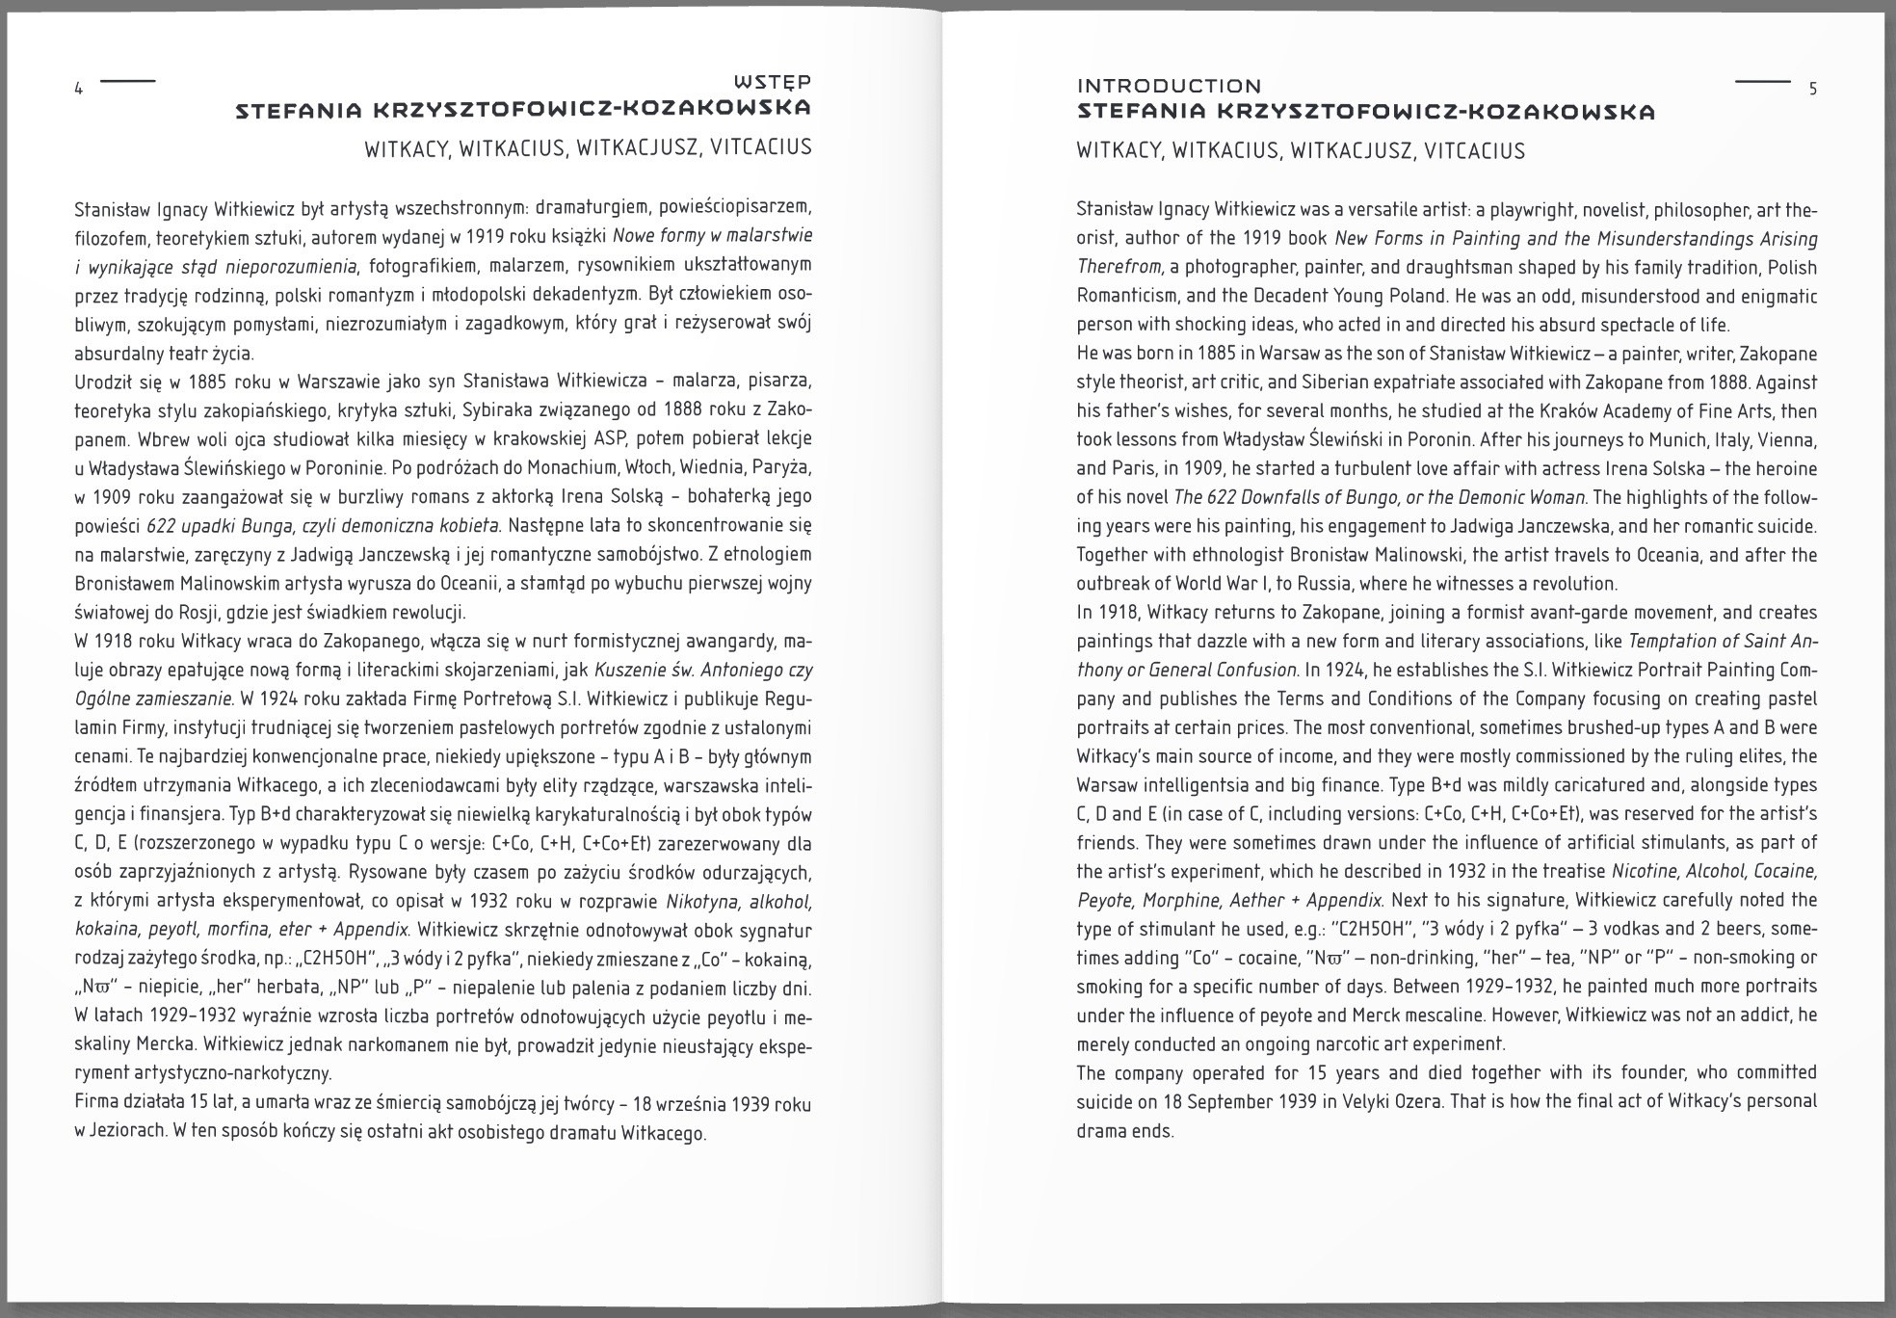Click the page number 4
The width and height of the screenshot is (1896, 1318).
[79, 90]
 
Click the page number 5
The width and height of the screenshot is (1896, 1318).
[1812, 90]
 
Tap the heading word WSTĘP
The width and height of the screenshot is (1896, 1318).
[772, 82]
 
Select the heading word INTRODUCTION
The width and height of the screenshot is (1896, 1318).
[1169, 86]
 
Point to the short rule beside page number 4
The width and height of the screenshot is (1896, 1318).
[127, 81]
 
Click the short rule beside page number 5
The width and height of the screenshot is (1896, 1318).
[1762, 82]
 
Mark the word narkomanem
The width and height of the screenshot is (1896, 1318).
[330, 1046]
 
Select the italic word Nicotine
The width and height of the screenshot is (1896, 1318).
[1646, 871]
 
